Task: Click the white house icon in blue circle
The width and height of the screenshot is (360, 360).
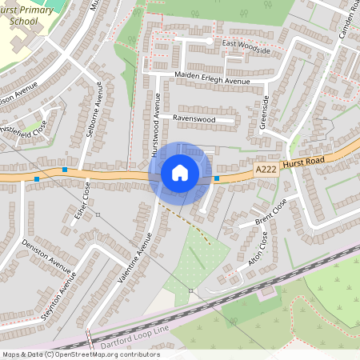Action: [x=180, y=173]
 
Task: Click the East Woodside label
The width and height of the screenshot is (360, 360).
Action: [x=246, y=46]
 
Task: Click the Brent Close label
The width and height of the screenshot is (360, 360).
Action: [x=270, y=211]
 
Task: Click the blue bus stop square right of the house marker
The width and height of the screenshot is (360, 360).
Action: [x=217, y=178]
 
